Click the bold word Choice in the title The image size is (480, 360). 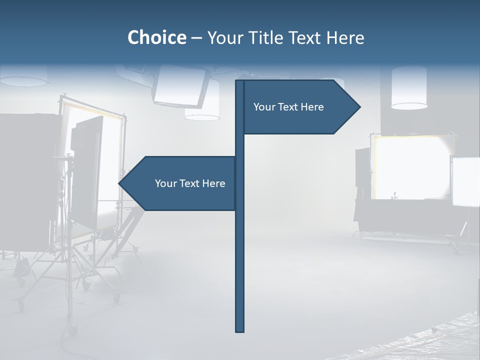[156, 37]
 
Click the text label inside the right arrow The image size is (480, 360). [288, 107]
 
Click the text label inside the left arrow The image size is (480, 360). [190, 183]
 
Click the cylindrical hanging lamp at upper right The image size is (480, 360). [408, 87]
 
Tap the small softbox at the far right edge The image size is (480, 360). [466, 181]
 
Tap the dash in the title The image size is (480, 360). [196, 38]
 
